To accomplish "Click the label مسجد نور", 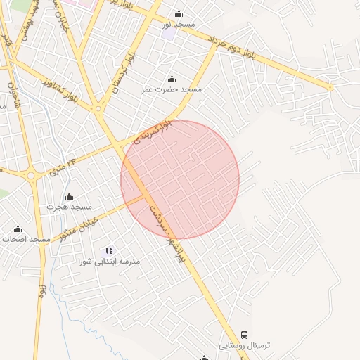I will (x=179, y=25).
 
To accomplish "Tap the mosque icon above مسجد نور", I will (x=179, y=13).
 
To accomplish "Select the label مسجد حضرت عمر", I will (x=172, y=89).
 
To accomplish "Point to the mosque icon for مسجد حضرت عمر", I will (x=172, y=78).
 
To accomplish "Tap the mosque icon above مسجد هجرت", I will (x=69, y=196).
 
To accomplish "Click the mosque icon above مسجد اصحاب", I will (x=18, y=229).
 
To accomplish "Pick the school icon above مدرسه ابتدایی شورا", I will (x=109, y=250).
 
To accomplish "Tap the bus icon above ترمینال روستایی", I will (x=244, y=335).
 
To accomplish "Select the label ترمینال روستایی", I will (x=244, y=346).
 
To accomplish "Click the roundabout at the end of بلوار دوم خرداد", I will (x=330, y=87).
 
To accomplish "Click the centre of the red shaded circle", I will (x=180, y=179).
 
